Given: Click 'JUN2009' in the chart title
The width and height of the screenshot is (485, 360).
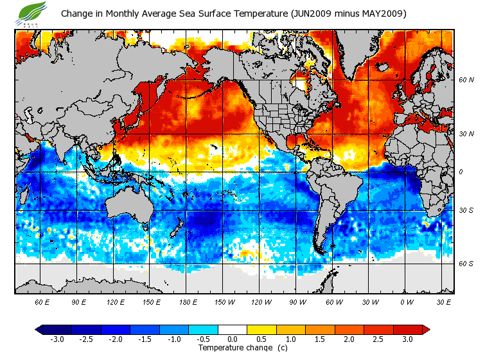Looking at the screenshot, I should point(313,14).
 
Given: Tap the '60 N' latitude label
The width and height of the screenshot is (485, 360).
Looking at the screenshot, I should point(466,80).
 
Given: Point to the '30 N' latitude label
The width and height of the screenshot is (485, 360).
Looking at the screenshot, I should point(466,134).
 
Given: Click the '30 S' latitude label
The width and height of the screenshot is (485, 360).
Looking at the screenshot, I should point(466,211).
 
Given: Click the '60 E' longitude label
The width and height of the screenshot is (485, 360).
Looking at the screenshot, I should point(42,302).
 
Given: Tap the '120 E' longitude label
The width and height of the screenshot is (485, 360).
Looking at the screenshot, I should point(116,302).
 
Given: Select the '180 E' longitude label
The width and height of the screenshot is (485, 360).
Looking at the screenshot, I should point(189,302).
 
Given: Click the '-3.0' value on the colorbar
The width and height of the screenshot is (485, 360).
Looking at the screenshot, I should point(57,339).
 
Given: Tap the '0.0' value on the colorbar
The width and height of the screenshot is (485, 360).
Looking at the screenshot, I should point(233,339).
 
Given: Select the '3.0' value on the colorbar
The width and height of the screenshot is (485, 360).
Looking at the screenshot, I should point(408,339).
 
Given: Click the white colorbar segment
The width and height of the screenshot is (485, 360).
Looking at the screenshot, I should point(233,329).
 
